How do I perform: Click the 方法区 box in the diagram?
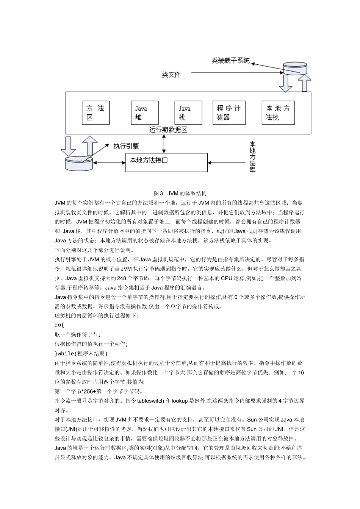point(95,112)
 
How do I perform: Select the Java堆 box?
point(144,112)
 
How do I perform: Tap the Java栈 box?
point(188,112)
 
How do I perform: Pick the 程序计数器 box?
point(229,112)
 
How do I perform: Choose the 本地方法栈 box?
point(278,112)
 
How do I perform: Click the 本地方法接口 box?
point(167,162)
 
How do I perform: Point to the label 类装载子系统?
point(230,61)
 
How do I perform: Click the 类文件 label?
point(171,75)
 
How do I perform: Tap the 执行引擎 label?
point(126,146)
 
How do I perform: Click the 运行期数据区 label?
point(168,130)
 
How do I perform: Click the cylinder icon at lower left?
point(79,163)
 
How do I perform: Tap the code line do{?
point(60,325)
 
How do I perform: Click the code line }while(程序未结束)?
point(81,353)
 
